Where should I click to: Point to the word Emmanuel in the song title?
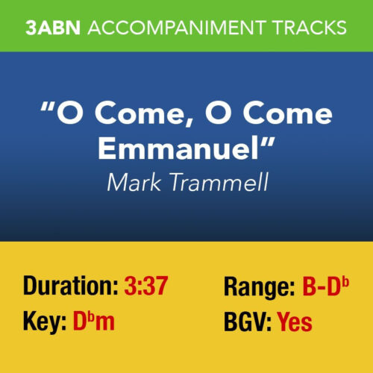181,148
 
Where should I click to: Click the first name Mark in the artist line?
134,181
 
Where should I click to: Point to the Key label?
43,322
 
